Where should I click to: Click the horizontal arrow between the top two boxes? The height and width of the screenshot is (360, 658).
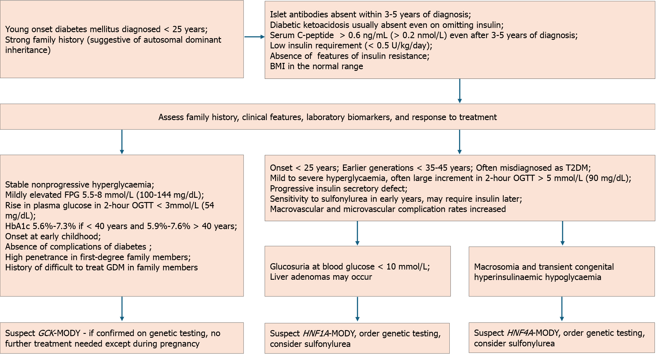coord(254,37)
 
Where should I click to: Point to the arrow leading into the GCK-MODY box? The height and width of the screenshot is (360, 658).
coord(122,309)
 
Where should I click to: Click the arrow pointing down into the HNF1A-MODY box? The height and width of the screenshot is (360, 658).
coord(357,309)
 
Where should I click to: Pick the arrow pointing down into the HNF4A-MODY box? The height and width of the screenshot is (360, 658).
coord(562,309)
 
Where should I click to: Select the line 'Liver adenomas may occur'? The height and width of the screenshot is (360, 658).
coord(321,277)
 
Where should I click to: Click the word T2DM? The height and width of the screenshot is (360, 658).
coord(578,168)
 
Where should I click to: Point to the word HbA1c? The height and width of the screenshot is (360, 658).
coord(18,226)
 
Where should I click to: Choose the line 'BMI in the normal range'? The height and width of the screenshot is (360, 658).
coord(316,66)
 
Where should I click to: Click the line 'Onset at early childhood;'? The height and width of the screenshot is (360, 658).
coord(53,236)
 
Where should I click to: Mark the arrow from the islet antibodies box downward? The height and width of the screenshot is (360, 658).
coord(460,91)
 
